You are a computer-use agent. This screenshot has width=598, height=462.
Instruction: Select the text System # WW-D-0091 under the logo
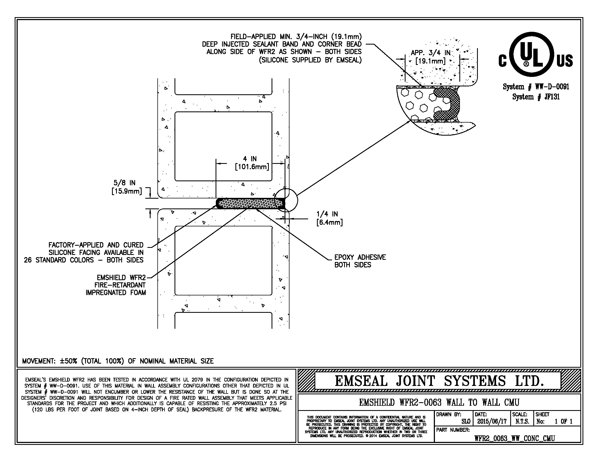click(536, 87)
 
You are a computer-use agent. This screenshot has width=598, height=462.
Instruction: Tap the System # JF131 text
click(536, 97)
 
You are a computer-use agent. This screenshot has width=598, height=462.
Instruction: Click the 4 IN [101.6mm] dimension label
click(252, 163)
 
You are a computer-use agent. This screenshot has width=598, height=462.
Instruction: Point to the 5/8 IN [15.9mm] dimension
click(126, 187)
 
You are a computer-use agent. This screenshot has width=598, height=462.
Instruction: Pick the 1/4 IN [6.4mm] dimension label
click(329, 218)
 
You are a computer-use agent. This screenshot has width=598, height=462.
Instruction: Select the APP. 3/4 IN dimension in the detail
click(431, 57)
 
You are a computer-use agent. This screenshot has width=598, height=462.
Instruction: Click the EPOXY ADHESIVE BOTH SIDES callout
click(360, 261)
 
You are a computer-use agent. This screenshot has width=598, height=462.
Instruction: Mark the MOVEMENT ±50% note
click(118, 361)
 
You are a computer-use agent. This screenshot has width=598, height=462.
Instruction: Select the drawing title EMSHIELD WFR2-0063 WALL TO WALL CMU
click(439, 402)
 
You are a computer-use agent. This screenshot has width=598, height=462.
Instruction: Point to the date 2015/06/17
click(492, 422)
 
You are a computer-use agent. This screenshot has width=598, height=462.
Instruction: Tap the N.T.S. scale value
click(522, 422)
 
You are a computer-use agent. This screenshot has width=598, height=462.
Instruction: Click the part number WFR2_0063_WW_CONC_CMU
click(514, 438)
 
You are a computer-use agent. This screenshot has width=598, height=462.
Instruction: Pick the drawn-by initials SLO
click(465, 422)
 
